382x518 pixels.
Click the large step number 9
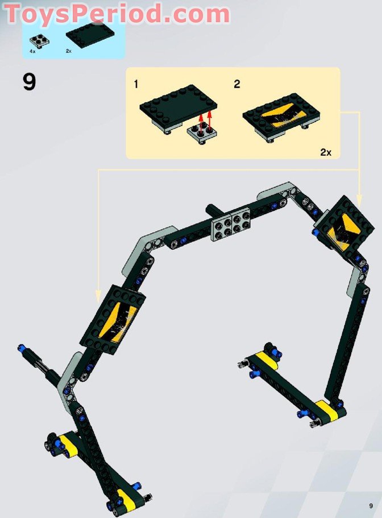[29, 82]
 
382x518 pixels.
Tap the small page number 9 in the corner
[371, 505]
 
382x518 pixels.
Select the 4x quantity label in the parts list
[33, 51]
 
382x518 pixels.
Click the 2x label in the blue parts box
[68, 51]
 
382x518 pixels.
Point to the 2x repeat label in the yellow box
[326, 152]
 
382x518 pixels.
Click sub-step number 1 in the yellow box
[136, 85]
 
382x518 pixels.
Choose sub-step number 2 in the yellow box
[236, 85]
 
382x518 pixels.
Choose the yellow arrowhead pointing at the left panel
[98, 296]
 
